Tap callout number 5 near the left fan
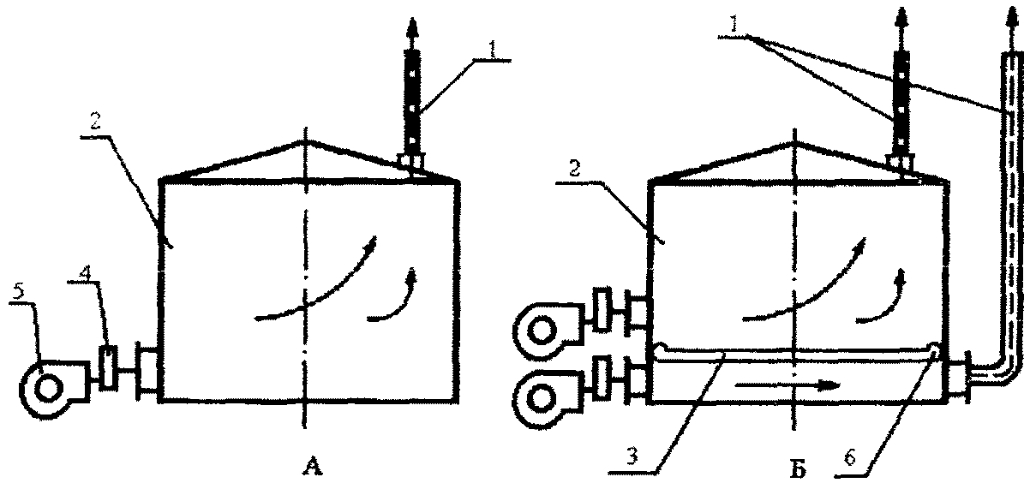[x=19, y=292]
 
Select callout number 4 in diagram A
[x=84, y=272]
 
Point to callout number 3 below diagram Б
[x=632, y=456]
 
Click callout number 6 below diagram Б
[x=850, y=457]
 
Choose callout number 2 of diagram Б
[x=573, y=170]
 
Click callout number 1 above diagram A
[x=493, y=51]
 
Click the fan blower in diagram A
[x=55, y=389]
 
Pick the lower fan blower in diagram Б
[x=549, y=398]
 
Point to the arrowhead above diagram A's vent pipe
[x=413, y=27]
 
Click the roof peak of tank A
[x=304, y=141]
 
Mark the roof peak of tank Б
[x=794, y=141]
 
